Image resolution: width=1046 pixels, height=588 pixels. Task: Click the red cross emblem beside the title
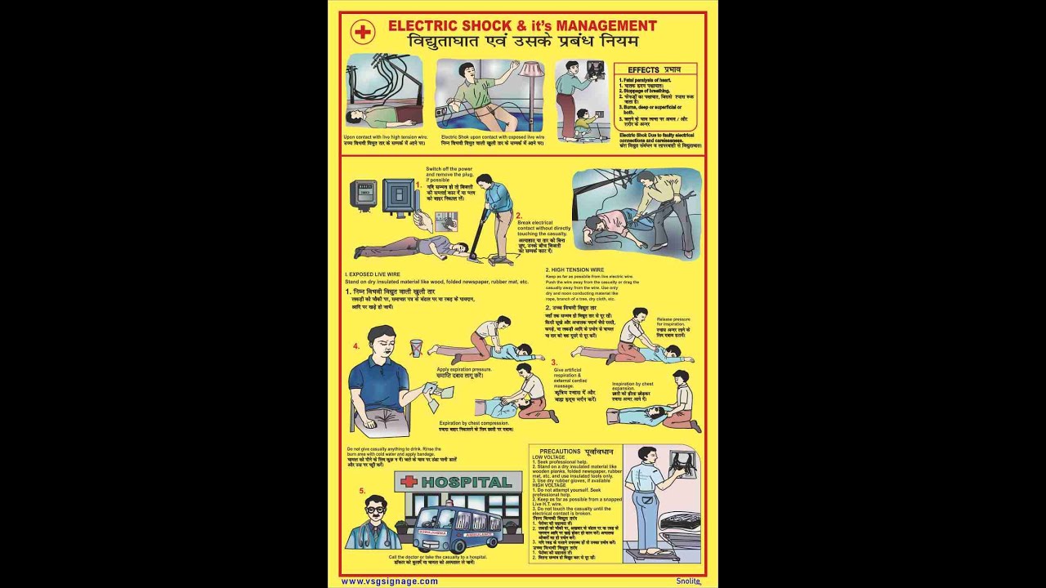pos(362,32)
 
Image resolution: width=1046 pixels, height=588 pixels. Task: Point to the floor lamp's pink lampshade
pos(531,70)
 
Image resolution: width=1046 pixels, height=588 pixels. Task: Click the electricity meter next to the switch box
pos(363,195)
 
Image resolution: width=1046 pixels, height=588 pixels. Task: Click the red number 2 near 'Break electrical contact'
pos(518,216)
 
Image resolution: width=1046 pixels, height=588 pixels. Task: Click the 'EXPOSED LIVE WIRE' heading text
pos(378,274)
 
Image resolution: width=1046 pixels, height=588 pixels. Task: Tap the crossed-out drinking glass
pos(416,347)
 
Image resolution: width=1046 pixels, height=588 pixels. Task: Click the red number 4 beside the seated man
pos(356,346)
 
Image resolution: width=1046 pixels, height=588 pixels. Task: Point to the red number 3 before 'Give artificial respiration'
pos(553,362)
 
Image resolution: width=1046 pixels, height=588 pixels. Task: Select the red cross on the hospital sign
pos(409,482)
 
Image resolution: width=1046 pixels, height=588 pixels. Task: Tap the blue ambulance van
pos(458,528)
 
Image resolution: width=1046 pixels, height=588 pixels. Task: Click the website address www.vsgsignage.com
pos(389,581)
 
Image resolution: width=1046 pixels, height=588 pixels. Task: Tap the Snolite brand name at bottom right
pos(687,581)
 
